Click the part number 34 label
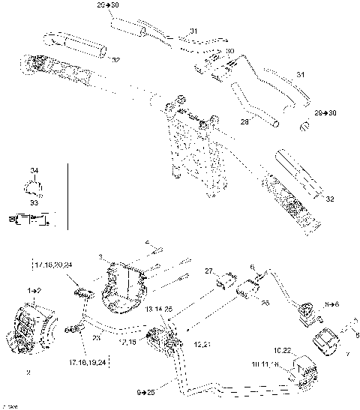(x=33, y=171)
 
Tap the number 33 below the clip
(x=33, y=202)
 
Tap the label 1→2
(x=34, y=289)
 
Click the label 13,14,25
(x=158, y=310)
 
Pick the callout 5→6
(x=332, y=306)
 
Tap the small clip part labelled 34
(x=33, y=185)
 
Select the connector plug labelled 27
(x=223, y=282)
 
